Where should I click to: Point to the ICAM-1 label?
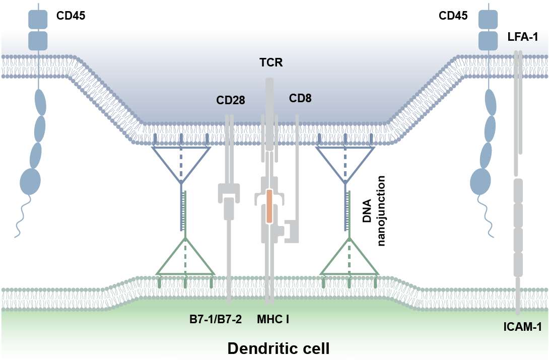coord(522,328)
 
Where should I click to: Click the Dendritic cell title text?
coord(274,348)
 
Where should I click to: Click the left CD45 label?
coord(71,16)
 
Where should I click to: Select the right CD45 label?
coord(453,16)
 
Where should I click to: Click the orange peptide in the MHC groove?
coord(269,206)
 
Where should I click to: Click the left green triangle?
coord(186,260)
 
